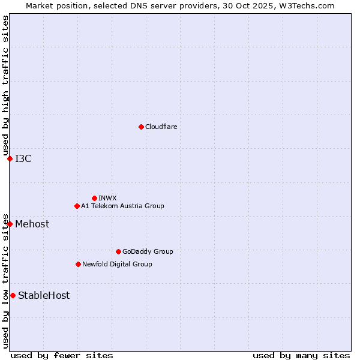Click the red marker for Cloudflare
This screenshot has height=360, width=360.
click(141, 127)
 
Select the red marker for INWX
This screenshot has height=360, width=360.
click(94, 198)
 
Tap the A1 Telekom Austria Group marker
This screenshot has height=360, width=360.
click(77, 206)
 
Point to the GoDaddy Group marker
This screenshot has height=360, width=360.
click(118, 251)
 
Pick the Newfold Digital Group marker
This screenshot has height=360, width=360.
click(78, 264)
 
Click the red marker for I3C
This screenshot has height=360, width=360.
click(10, 158)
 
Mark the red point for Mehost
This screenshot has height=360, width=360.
click(10, 224)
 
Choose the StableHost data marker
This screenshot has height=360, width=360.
click(13, 295)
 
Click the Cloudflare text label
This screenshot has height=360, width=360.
click(161, 127)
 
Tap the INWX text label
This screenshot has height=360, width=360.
click(107, 198)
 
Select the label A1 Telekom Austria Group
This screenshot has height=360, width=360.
click(122, 206)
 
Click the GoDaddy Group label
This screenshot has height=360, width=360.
click(148, 251)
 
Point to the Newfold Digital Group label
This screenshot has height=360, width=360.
click(117, 264)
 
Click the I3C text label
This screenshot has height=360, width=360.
click(23, 158)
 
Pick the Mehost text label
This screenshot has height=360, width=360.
click(32, 224)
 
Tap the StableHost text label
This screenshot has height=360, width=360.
click(44, 295)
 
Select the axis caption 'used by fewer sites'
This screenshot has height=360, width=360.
click(62, 355)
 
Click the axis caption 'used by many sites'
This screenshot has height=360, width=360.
click(301, 355)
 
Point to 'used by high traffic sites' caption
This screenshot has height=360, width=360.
click(5, 86)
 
